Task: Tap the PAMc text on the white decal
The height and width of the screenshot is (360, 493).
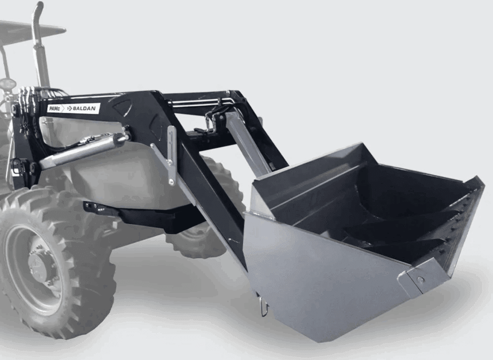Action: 54,108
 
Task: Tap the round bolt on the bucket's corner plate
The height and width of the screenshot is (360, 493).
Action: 420,279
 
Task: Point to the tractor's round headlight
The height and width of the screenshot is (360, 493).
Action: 8,84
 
